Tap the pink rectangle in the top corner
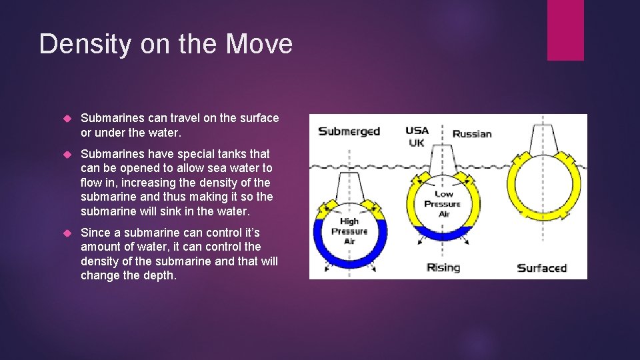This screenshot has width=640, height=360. (565, 30)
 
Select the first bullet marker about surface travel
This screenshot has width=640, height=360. (66, 119)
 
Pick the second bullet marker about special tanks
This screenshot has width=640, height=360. (66, 155)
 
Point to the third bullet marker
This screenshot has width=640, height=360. (66, 233)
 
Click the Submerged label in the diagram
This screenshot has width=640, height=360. (349, 131)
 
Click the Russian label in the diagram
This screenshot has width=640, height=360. (472, 133)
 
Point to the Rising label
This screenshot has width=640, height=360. (443, 267)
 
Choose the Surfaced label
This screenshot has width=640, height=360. (541, 268)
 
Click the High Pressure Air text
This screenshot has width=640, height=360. (349, 231)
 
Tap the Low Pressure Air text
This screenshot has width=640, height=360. (442, 203)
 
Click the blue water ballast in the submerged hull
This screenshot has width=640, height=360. (349, 253)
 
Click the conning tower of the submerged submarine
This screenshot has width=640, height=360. (349, 187)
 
